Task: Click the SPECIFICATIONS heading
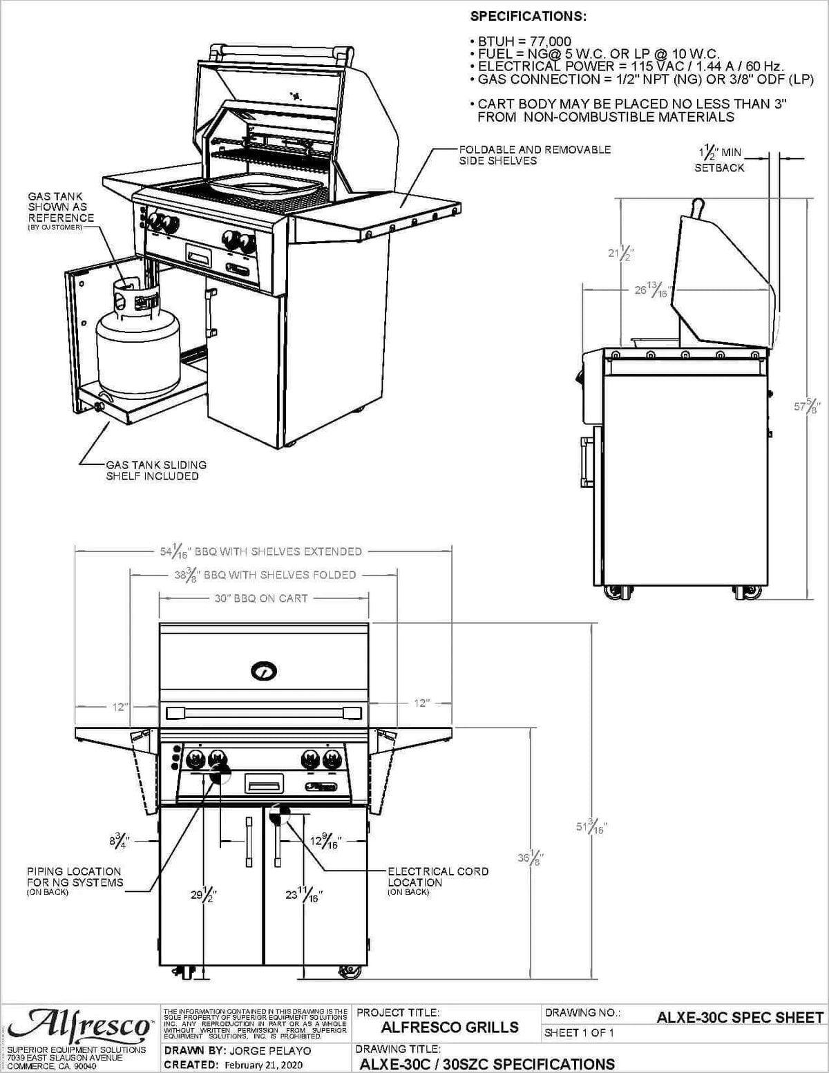click(528, 16)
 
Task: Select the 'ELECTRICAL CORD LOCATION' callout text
click(437, 877)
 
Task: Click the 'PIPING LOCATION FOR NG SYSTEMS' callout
click(74, 877)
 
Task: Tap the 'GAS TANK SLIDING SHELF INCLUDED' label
click(155, 471)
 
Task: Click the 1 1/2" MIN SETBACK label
click(719, 160)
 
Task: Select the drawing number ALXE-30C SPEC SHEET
click(739, 1018)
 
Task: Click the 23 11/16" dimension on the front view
click(304, 895)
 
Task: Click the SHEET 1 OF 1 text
click(579, 1034)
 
